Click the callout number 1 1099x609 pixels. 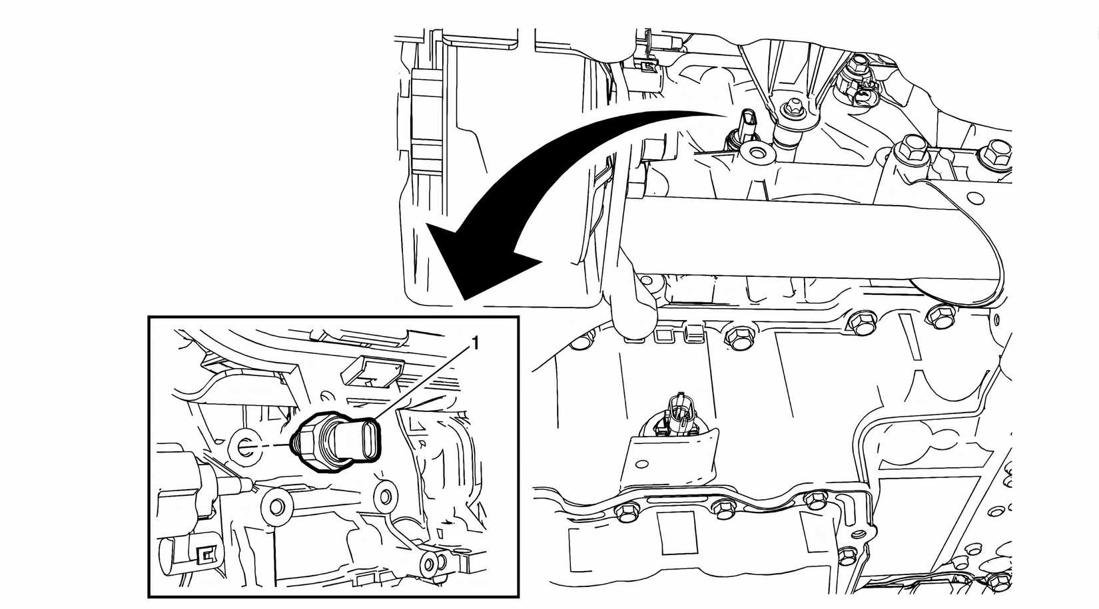(x=475, y=343)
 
